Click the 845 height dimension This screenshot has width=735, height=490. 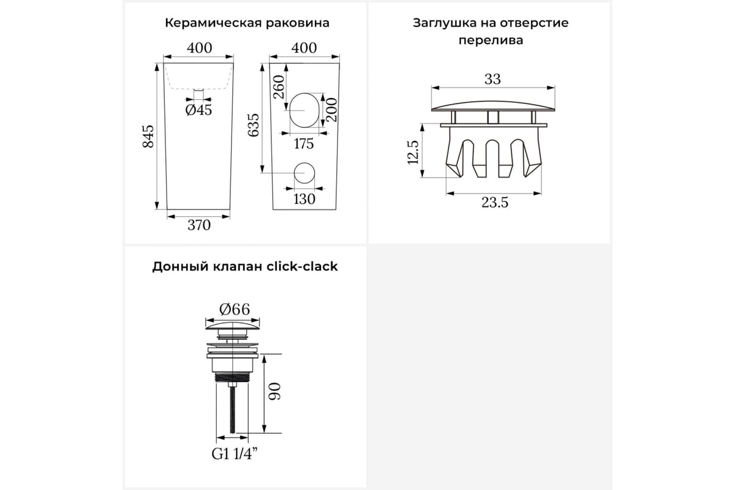pos(148,135)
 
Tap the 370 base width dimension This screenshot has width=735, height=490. pos(198,225)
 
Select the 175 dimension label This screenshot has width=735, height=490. pos(303,144)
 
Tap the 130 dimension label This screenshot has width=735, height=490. pos(304,199)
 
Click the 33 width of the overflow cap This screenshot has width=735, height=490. pos(492,79)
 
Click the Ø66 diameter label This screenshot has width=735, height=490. pos(232,309)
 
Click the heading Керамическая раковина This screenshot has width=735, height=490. pos(247,23)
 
